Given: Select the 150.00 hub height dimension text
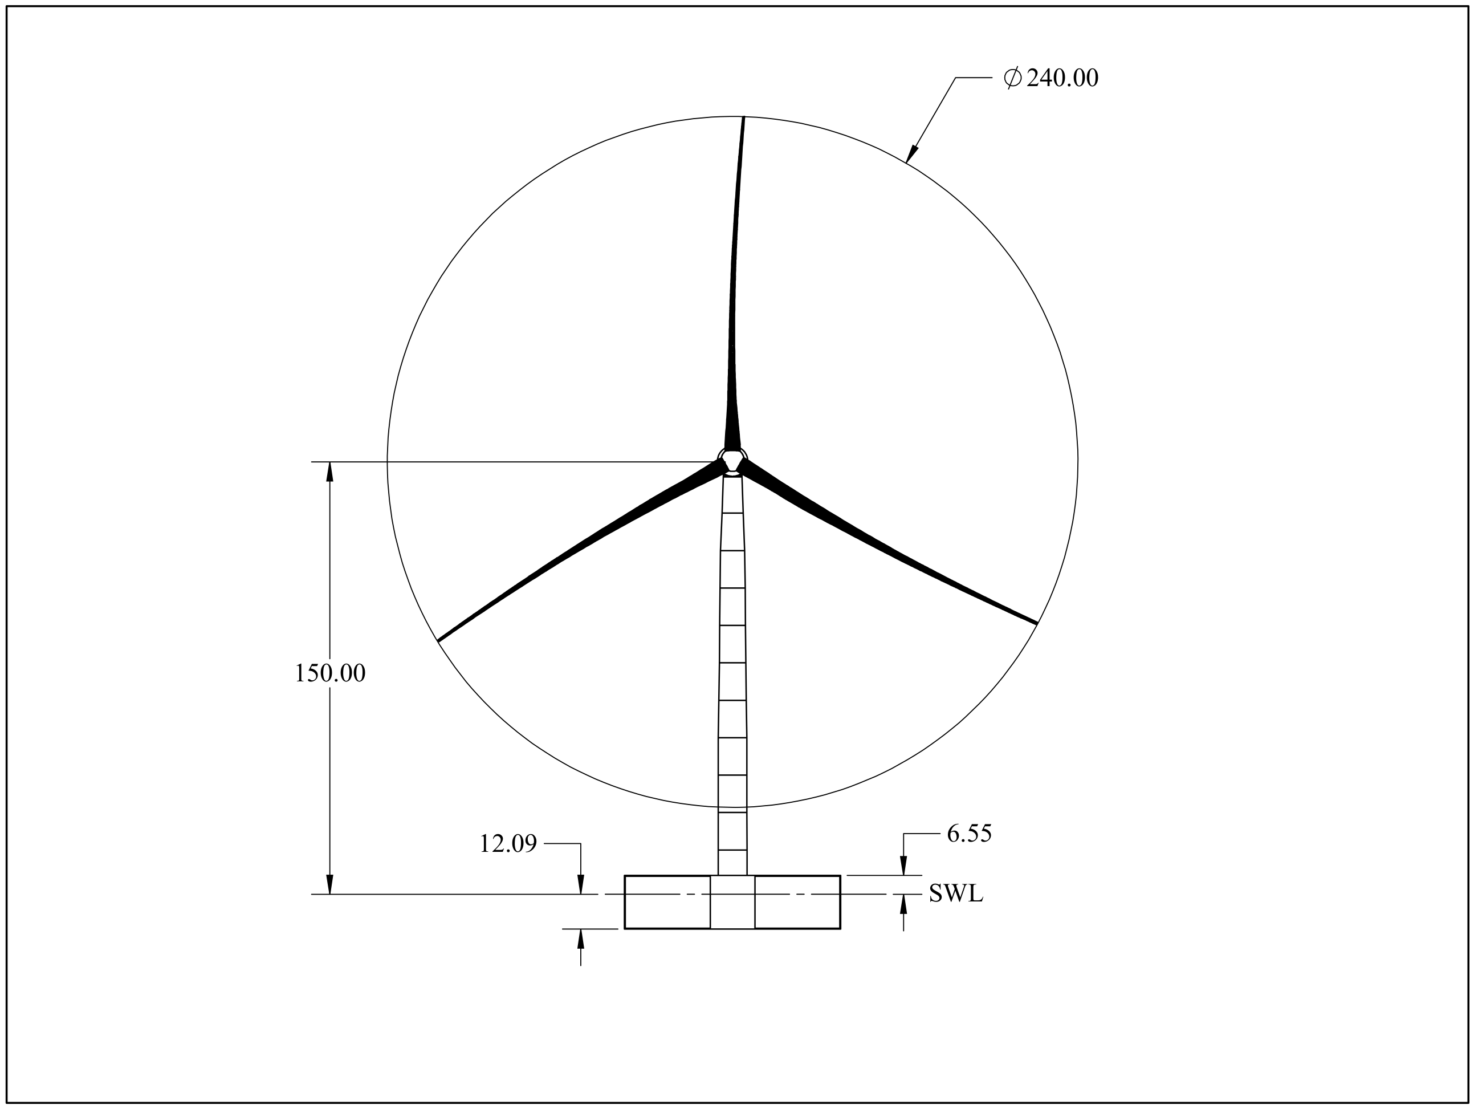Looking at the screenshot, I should pos(330,674).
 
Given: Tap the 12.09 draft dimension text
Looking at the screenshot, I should pos(508,844).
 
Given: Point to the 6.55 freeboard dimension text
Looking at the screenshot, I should pos(969,834).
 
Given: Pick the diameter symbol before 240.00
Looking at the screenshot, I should pos(1012,78).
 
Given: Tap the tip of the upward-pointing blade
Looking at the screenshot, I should pos(743,118).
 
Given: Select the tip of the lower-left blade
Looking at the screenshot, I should pos(439,640).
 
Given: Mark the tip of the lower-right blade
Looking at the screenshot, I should pos(1036,623).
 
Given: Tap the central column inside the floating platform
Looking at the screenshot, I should pos(732,901).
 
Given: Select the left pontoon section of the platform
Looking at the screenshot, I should pos(667,901).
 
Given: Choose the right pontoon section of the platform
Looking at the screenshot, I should pos(797,901).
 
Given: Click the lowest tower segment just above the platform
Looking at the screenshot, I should pos(732,863).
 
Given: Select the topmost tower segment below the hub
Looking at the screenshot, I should pos(732,494).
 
